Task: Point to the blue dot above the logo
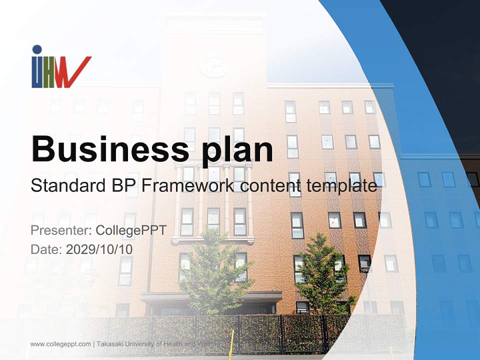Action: coord(36,49)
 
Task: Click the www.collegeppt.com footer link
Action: coord(60,344)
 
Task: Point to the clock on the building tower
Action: coord(214,67)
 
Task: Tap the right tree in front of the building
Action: coord(322,272)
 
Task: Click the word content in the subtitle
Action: coord(264,186)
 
